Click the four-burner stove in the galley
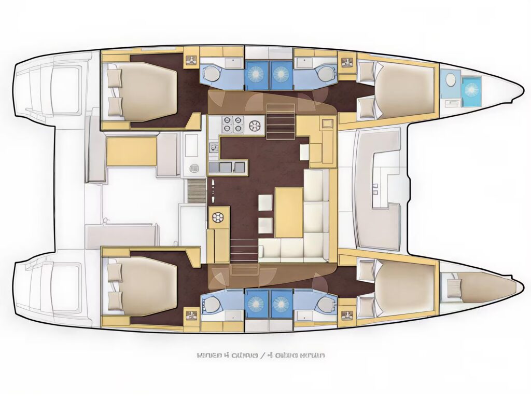coord(232,125)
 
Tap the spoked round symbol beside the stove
coord(255,125)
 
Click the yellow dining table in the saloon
coord(289,212)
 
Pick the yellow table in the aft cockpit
coord(132,152)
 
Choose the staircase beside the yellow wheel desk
coord(244,250)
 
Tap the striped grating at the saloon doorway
coord(195,190)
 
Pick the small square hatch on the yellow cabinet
coord(327,123)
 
